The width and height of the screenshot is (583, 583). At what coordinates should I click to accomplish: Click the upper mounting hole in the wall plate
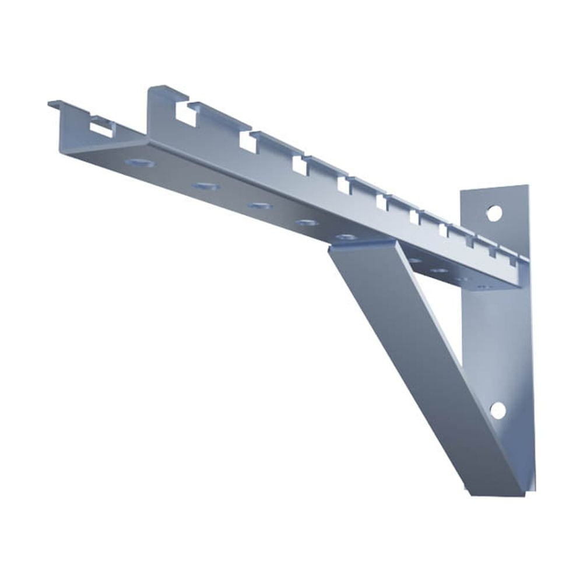coord(494,213)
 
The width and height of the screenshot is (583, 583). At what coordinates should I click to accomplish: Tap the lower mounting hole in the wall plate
coord(497,410)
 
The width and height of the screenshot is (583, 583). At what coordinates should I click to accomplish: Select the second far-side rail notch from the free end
coord(248,142)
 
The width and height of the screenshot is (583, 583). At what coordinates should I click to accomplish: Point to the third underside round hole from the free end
coord(258,205)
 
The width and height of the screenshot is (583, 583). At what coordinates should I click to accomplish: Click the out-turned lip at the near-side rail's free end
coord(56,105)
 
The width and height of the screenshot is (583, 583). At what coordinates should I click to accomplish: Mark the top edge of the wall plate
coord(496,188)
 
